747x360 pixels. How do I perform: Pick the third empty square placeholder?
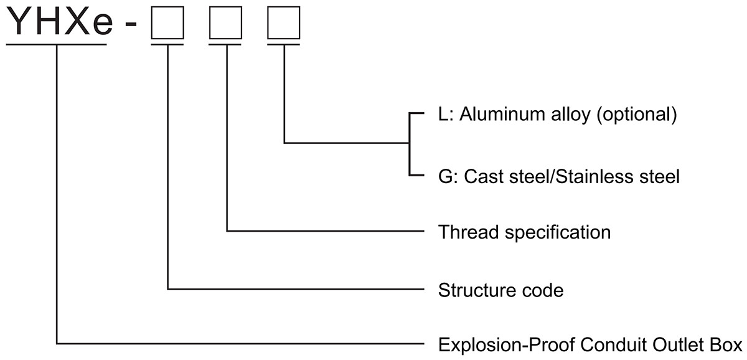coord(284,24)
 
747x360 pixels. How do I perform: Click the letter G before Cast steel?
coord(445,177)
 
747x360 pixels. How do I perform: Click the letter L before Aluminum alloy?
coord(444,116)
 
